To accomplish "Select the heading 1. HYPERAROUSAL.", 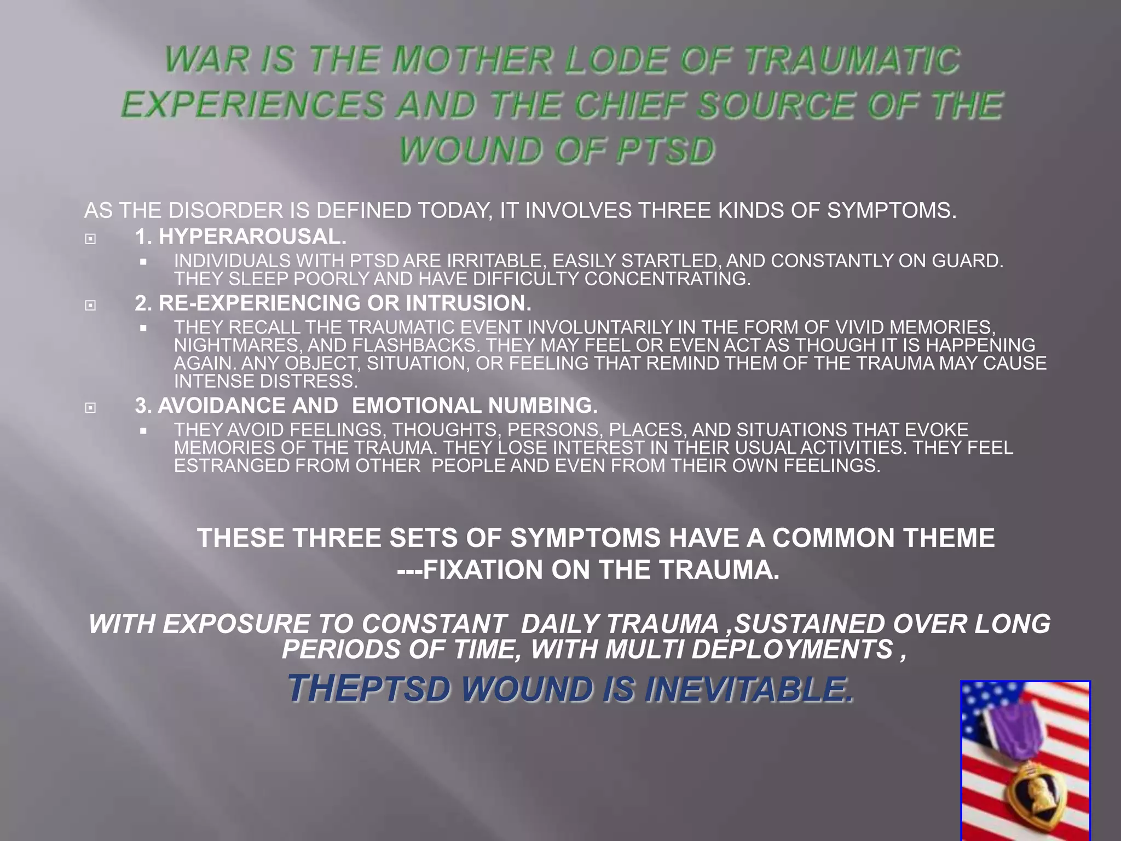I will [x=241, y=237].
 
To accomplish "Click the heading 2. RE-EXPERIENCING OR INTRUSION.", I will [x=333, y=303].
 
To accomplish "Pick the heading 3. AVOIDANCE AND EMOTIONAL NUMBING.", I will [x=366, y=406].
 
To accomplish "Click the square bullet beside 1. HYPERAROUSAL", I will [x=91, y=239].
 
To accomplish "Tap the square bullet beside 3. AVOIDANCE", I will [x=91, y=407].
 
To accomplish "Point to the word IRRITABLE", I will [x=493, y=261].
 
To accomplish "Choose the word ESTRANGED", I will [x=232, y=466].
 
